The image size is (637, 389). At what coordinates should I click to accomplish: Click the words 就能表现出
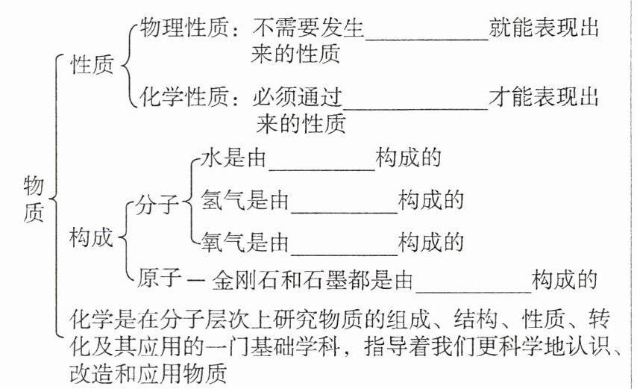pos(545,29)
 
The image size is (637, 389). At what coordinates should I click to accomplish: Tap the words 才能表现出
pos(544,97)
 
